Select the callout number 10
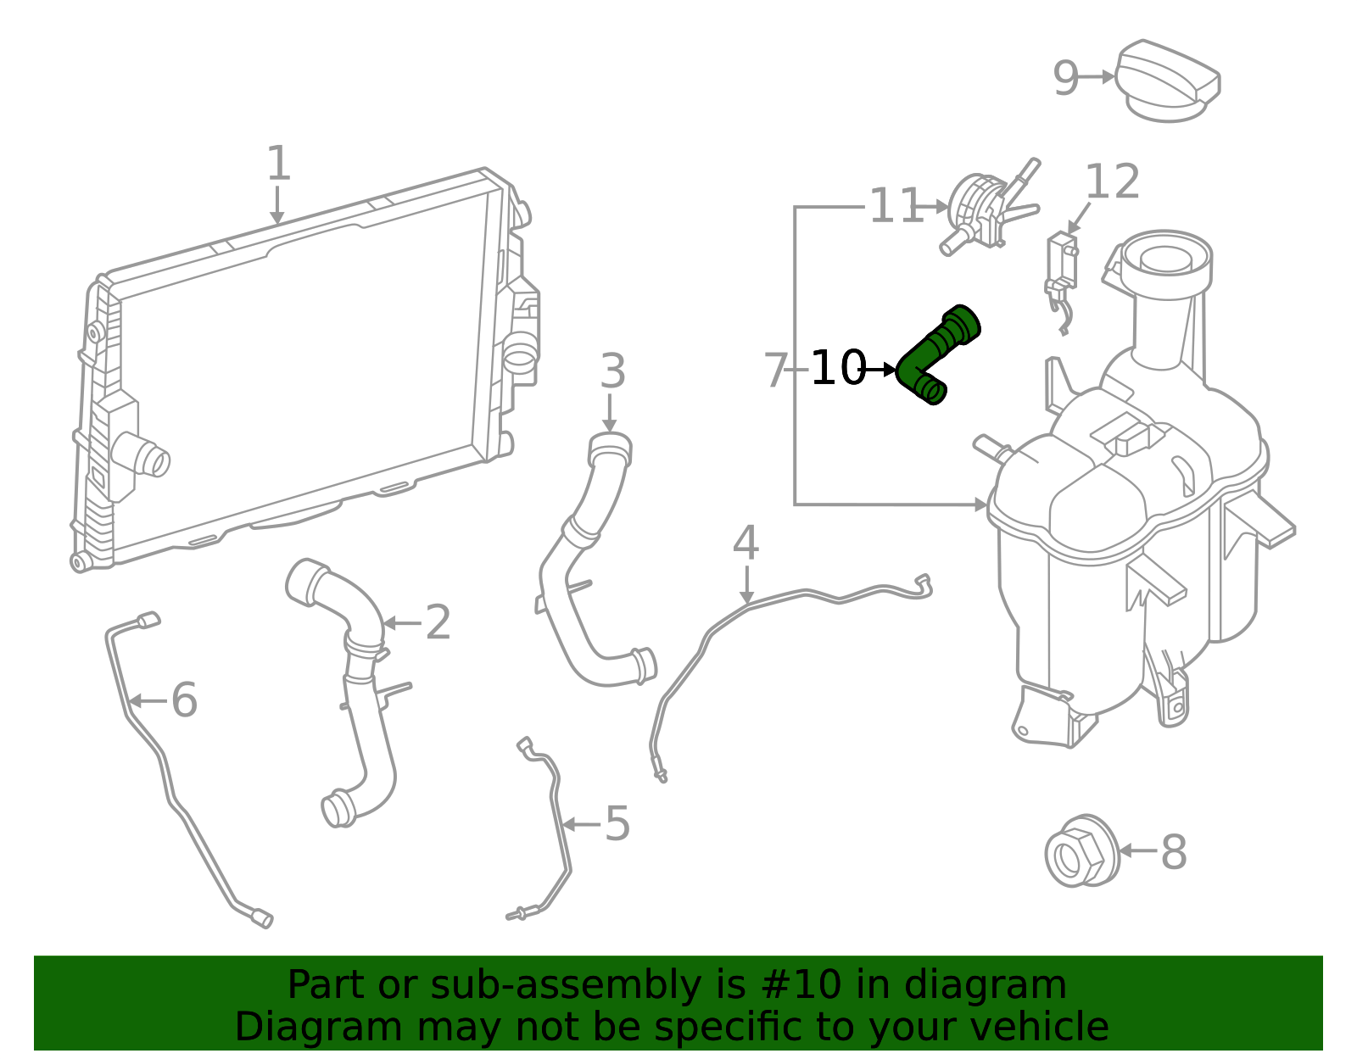click(x=838, y=368)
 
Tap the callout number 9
click(x=1065, y=78)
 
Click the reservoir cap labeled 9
click(x=1168, y=81)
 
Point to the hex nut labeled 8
click(x=1082, y=850)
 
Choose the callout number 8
click(x=1174, y=851)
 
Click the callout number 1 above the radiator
click(x=278, y=164)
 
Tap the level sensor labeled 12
click(x=1062, y=281)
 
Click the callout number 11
click(x=896, y=205)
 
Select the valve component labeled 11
click(x=990, y=209)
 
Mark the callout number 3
click(x=612, y=371)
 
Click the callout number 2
click(x=438, y=621)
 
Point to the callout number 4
click(x=746, y=543)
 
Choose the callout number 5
click(x=617, y=823)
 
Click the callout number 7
click(x=776, y=370)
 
